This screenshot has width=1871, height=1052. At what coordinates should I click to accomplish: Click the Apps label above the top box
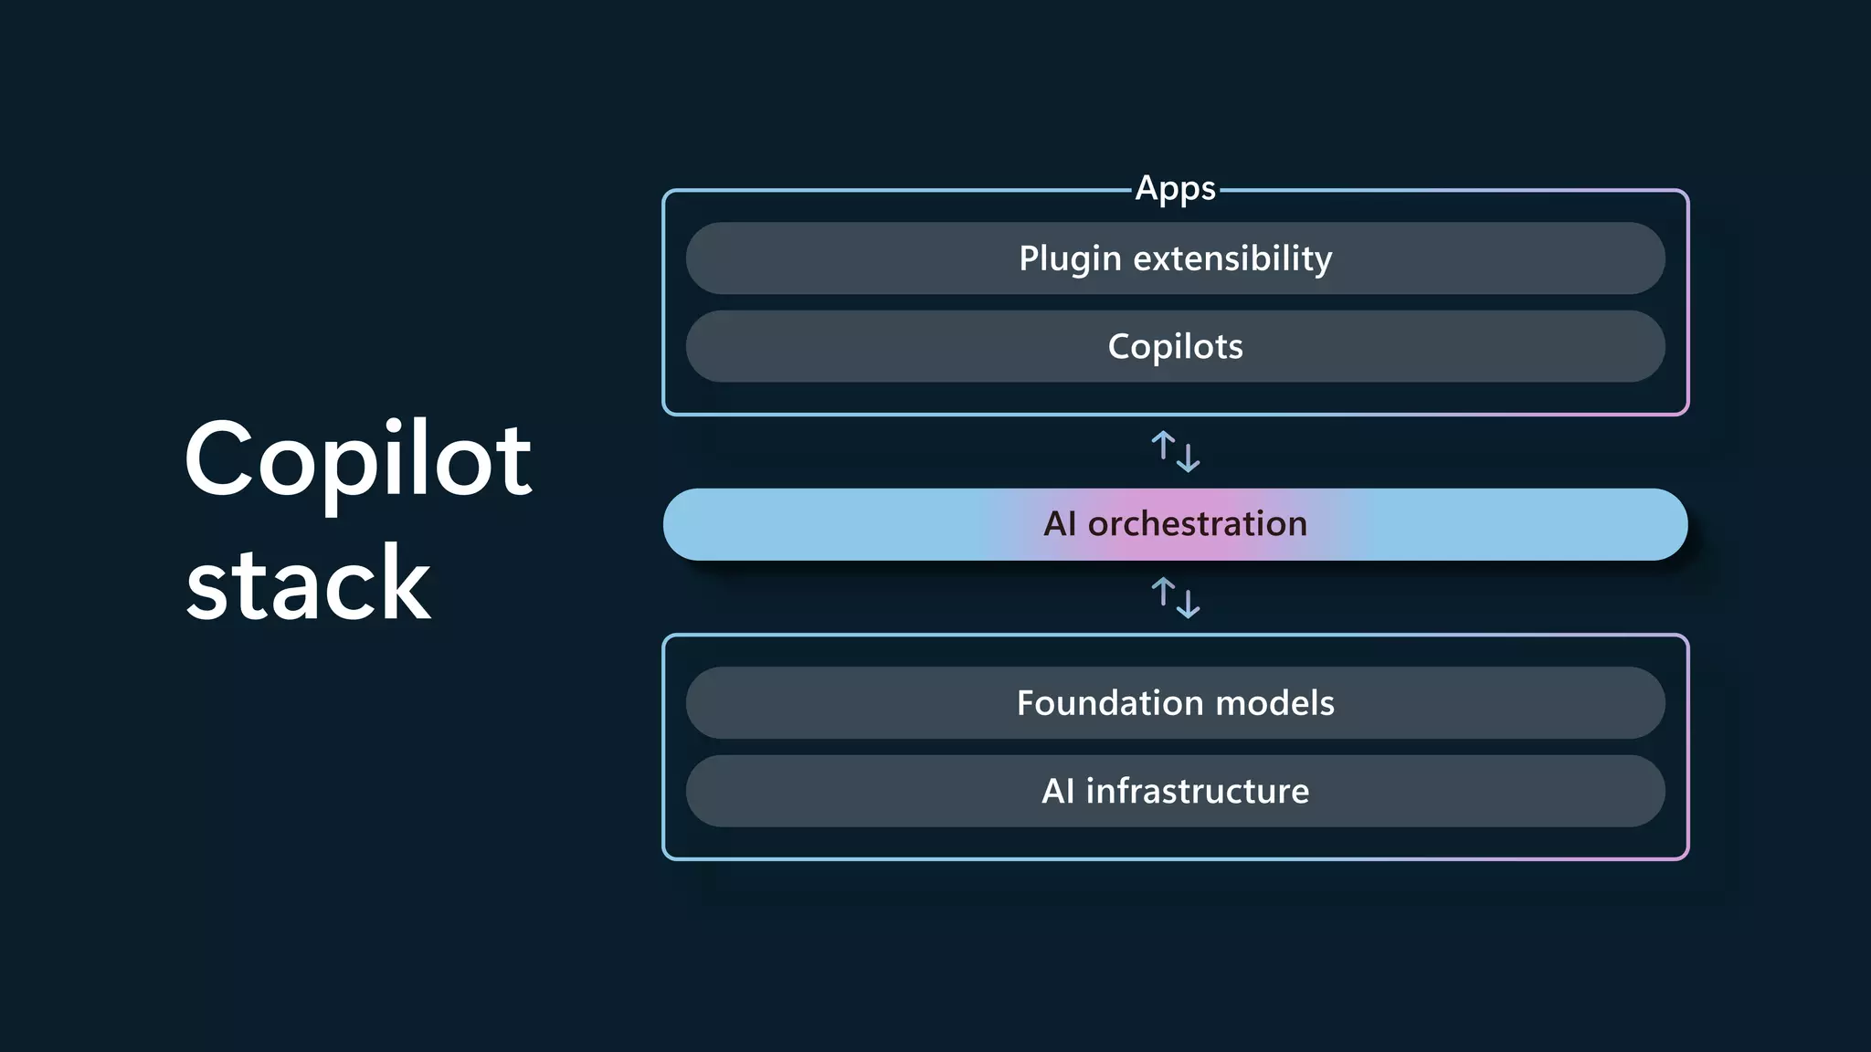point(1175,189)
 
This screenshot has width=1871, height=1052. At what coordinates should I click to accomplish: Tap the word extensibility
point(1232,258)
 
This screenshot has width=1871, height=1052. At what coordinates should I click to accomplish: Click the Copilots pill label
point(1175,347)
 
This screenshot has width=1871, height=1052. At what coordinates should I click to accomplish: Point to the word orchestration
point(1197,524)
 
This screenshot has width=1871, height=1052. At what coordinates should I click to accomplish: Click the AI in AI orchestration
point(1060,524)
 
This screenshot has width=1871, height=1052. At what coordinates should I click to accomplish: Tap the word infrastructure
point(1197,791)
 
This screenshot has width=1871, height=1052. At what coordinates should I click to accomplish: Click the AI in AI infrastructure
point(1058,791)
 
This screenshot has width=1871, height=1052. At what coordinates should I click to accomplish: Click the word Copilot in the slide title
point(357,459)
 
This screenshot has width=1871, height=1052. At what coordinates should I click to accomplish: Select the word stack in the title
point(308,583)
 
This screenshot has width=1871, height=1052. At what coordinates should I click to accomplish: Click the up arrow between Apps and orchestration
point(1163,447)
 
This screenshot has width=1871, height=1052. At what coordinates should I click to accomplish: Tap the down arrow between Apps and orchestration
point(1188,457)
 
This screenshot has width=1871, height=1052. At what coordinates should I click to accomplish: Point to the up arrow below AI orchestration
point(1163,593)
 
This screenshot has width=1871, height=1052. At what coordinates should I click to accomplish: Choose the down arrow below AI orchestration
point(1188,603)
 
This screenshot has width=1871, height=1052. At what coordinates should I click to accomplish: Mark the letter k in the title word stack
point(403,583)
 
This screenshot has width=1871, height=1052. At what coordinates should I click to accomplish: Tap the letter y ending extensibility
point(1322,262)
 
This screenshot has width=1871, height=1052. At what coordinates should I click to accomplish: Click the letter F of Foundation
point(1027,703)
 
